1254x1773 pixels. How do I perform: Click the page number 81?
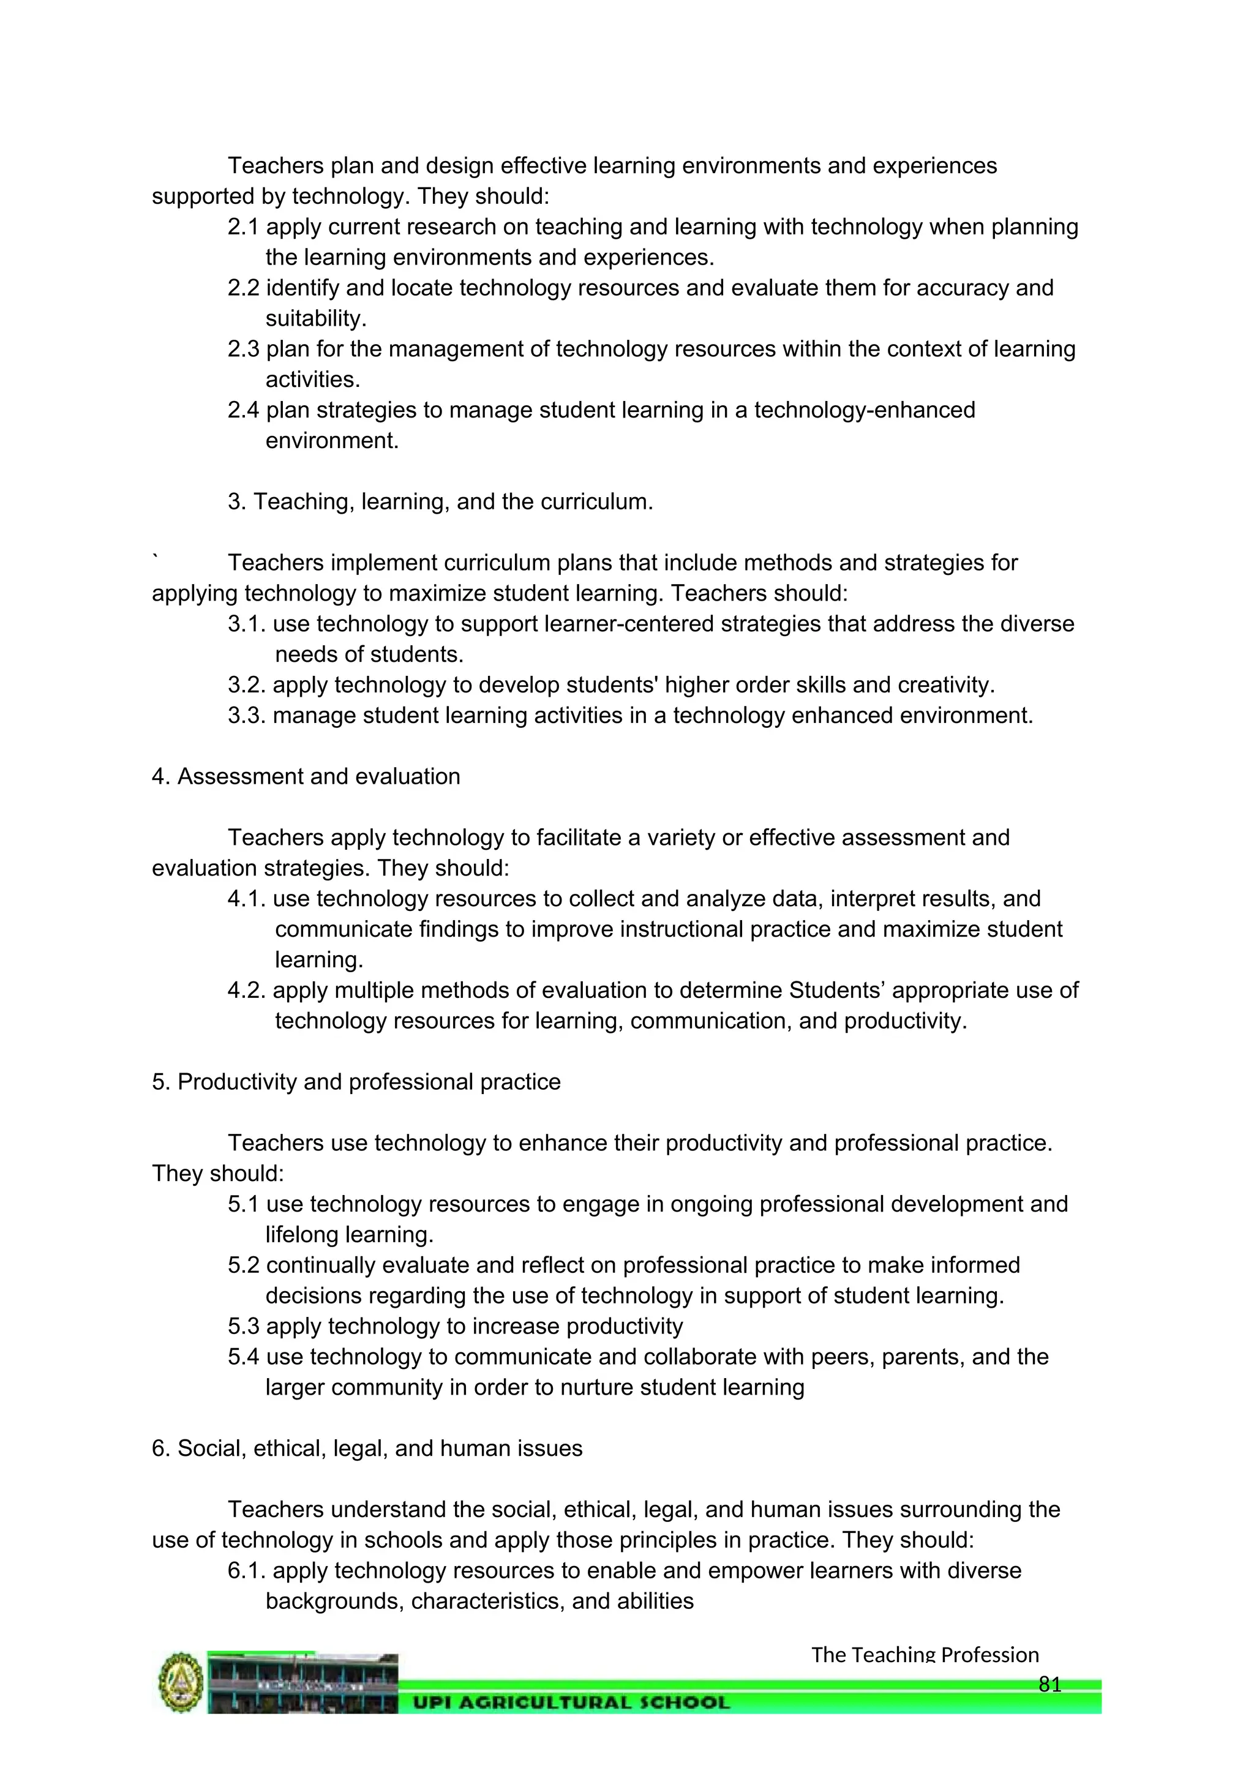click(1049, 1684)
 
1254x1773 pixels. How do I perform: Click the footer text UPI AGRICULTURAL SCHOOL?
click(571, 1702)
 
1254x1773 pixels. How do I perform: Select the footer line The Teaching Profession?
click(925, 1655)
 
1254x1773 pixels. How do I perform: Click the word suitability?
click(315, 318)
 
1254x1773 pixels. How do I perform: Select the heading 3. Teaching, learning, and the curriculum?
click(440, 502)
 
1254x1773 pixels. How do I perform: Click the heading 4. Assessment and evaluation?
click(306, 777)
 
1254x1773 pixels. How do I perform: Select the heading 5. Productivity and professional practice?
click(356, 1082)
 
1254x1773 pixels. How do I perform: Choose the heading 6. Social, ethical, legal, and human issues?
click(367, 1449)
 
